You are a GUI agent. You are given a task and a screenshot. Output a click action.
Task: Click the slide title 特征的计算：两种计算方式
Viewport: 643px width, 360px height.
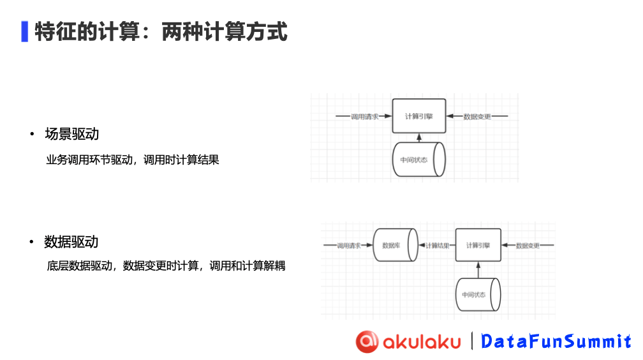[161, 31]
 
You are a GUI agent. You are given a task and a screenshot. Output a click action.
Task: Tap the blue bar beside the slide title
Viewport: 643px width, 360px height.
[24, 31]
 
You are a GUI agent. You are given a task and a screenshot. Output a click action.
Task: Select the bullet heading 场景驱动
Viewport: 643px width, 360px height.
[71, 134]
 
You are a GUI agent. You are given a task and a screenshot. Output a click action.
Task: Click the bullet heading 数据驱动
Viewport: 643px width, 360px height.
[71, 242]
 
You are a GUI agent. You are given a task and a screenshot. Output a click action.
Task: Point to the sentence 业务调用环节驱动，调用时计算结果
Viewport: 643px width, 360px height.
[133, 160]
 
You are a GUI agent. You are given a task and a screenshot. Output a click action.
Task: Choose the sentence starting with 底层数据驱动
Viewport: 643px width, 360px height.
[166, 266]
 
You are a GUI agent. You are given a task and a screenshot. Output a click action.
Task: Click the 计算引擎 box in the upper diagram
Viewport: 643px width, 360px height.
[418, 116]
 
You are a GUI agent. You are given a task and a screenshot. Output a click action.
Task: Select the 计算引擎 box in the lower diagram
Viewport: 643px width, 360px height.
[478, 245]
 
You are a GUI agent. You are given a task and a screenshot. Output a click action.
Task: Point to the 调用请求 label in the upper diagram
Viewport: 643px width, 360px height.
[364, 117]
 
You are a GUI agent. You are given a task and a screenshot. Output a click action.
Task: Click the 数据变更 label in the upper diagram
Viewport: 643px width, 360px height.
[477, 117]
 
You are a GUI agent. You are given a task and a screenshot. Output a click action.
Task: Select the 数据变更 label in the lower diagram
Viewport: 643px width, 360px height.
[528, 246]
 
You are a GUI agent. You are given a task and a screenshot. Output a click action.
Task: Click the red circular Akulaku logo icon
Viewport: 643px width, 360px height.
[367, 341]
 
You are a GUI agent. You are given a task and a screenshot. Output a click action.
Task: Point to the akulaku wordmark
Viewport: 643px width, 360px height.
[422, 341]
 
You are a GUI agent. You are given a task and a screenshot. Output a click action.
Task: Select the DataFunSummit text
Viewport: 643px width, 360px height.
[556, 341]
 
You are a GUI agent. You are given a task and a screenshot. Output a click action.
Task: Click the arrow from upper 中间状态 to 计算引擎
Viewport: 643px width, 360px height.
[418, 138]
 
